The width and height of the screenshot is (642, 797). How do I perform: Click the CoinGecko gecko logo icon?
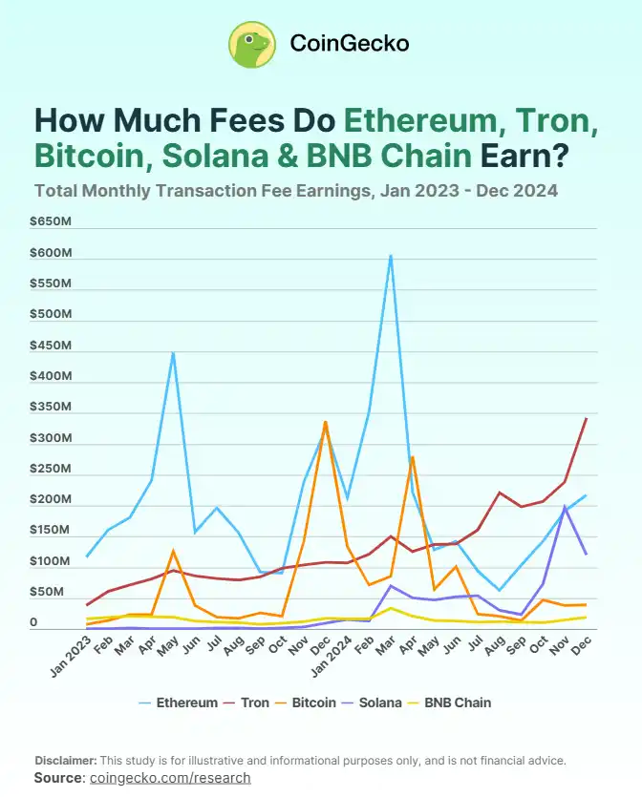click(x=252, y=44)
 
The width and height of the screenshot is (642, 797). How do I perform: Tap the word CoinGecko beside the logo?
click(x=349, y=44)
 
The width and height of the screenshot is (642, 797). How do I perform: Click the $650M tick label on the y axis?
click(x=52, y=221)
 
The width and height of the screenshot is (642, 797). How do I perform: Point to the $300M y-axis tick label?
click(x=52, y=438)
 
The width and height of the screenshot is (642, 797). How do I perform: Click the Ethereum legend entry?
click(x=179, y=703)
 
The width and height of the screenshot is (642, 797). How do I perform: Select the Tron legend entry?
click(x=246, y=703)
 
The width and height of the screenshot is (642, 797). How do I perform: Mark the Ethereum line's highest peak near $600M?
click(x=390, y=256)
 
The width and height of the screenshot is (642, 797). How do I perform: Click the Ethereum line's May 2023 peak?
click(x=173, y=353)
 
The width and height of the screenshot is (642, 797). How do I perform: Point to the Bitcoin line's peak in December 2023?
click(x=326, y=421)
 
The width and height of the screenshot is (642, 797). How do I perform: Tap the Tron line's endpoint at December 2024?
click(x=586, y=418)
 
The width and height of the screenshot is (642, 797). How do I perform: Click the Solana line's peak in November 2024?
click(x=565, y=506)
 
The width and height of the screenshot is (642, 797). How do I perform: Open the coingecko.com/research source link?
click(x=169, y=778)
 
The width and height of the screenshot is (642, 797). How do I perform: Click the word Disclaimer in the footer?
click(x=65, y=761)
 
